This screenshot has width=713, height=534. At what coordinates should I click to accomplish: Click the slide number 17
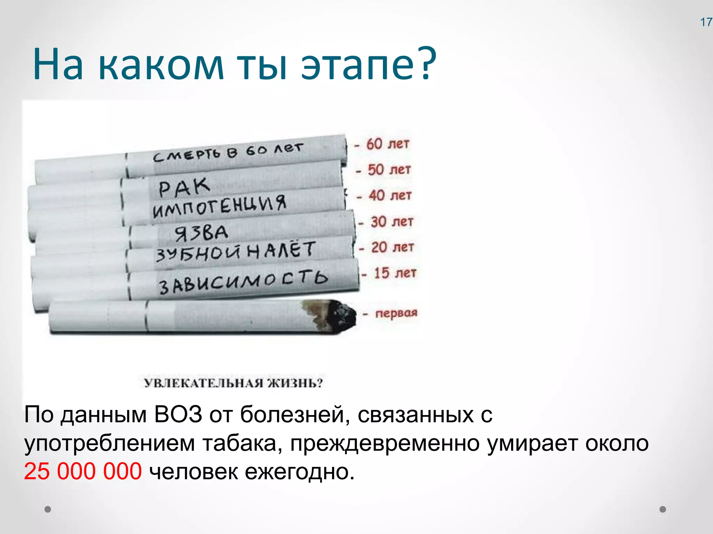point(706,22)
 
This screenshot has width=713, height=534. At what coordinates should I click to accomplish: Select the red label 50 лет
point(389,170)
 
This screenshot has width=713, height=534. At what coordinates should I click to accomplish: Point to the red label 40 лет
point(390,195)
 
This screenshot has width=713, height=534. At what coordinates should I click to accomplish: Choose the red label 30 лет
point(392,221)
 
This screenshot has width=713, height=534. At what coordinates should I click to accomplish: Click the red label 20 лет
point(393,247)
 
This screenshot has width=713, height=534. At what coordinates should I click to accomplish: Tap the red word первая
point(396,313)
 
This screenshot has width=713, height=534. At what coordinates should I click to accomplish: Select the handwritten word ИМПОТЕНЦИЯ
point(219,206)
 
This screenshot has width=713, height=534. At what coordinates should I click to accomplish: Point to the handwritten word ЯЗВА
point(201,233)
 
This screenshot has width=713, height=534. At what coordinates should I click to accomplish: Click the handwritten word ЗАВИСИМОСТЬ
point(243,282)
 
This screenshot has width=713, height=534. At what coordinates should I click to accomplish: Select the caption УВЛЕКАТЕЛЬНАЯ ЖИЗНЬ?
point(234,383)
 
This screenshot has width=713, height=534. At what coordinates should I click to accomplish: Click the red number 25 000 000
point(83,472)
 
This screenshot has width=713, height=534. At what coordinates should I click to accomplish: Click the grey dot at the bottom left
point(48,509)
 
